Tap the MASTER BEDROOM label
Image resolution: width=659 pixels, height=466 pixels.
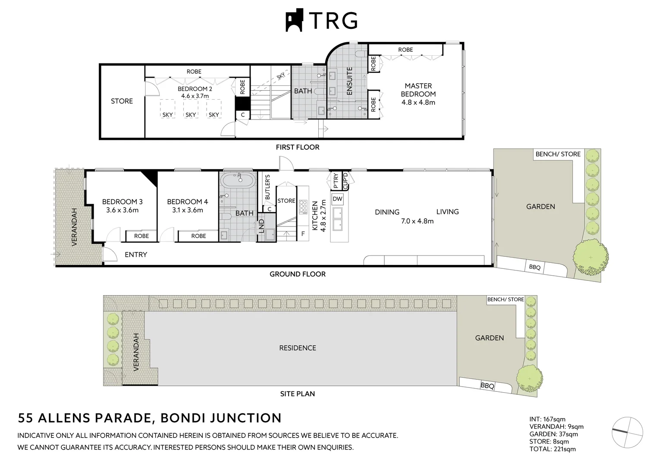point(418,90)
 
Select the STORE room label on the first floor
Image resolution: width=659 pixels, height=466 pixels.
point(122,101)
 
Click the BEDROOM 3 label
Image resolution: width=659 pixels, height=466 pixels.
point(122,202)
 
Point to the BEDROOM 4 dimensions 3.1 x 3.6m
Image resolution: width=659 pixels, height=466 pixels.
point(188,210)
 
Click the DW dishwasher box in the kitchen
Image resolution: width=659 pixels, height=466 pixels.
point(337,199)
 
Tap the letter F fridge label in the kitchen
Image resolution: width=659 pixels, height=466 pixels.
point(303,234)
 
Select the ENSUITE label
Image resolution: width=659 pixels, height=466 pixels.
point(349,81)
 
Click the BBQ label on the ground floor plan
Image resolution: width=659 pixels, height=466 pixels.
point(534,268)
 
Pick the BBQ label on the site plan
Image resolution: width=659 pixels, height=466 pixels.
point(487,386)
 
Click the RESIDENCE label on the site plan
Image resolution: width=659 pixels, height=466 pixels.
point(298,348)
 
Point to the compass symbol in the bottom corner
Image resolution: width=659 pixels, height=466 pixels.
point(628,433)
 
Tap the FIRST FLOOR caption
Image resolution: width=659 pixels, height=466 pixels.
point(298,147)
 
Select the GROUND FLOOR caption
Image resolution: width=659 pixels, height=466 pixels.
point(298,274)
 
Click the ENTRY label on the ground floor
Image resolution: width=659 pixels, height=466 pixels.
point(136,255)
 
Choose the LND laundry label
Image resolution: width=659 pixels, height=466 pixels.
point(261,227)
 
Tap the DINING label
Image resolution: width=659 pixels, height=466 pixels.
point(387,212)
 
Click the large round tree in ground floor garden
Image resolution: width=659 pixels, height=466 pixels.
point(590,257)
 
